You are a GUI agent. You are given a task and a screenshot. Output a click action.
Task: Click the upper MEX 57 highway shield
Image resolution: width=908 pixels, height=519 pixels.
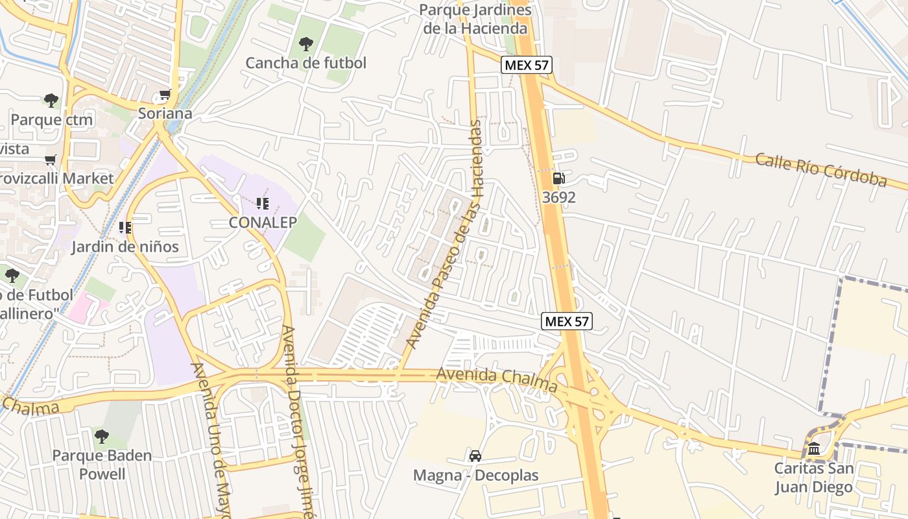tap(525, 65)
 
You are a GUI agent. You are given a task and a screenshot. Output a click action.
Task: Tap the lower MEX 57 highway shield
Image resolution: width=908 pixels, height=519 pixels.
tap(567, 320)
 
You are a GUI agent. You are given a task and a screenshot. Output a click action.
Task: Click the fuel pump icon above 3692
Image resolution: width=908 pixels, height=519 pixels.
tap(558, 178)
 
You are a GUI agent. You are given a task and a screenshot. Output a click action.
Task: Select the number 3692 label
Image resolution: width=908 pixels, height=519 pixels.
tap(558, 197)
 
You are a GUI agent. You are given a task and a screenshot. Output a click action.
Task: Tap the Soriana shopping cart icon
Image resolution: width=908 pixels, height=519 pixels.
tap(165, 95)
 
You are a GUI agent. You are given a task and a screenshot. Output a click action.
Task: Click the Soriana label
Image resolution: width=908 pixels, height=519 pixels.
tap(165, 114)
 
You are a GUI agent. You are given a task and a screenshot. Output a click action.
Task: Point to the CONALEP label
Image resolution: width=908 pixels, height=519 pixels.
tap(263, 223)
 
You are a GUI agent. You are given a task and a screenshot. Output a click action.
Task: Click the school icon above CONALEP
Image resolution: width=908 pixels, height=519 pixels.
tap(263, 204)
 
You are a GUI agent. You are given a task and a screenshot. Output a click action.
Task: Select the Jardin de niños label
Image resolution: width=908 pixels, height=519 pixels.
tap(125, 247)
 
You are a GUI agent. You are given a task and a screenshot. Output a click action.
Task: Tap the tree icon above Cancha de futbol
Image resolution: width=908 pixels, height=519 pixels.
tap(305, 44)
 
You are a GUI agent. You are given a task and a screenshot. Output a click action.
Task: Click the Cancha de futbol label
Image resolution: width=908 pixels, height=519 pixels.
tap(305, 63)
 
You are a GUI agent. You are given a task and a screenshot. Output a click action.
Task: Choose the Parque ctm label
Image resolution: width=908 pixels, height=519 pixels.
tap(52, 119)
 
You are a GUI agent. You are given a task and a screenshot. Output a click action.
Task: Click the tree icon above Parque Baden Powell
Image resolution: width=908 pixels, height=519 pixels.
tap(102, 436)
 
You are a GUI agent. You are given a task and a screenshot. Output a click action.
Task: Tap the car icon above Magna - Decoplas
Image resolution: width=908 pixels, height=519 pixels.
tap(475, 456)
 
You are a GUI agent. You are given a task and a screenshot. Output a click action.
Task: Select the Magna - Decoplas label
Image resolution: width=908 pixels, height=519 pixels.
tap(476, 476)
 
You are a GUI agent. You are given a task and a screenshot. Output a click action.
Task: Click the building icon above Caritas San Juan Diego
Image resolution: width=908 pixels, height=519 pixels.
tap(813, 448)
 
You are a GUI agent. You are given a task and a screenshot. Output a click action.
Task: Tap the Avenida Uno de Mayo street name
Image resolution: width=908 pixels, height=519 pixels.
tap(211, 441)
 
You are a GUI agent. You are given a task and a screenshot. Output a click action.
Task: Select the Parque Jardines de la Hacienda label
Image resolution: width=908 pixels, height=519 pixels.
tap(475, 19)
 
